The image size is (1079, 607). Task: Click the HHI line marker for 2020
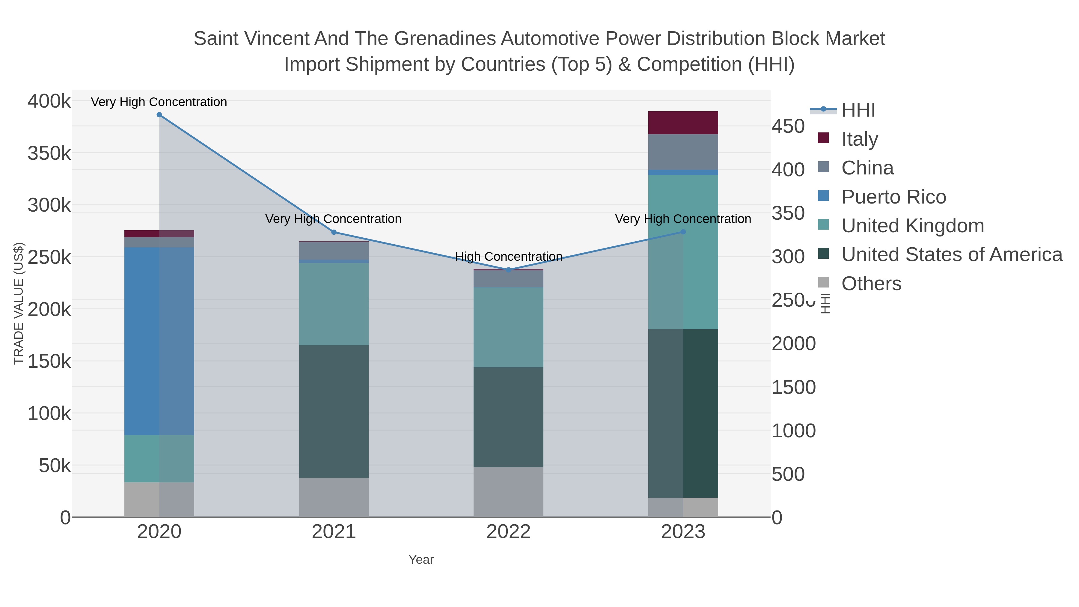(x=159, y=115)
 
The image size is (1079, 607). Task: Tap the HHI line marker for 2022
(x=509, y=270)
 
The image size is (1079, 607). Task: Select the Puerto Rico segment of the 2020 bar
(x=159, y=341)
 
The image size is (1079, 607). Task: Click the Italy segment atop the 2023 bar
(x=683, y=123)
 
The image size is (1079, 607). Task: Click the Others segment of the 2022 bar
(x=509, y=492)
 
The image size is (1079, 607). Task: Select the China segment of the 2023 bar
(x=683, y=152)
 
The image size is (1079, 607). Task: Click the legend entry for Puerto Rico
(x=893, y=197)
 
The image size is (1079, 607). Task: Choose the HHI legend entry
(x=858, y=110)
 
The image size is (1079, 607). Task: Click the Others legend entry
(x=871, y=284)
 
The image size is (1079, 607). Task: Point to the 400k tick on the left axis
(x=49, y=101)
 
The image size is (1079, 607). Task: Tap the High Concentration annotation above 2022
(x=509, y=256)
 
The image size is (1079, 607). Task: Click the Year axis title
(x=421, y=560)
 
